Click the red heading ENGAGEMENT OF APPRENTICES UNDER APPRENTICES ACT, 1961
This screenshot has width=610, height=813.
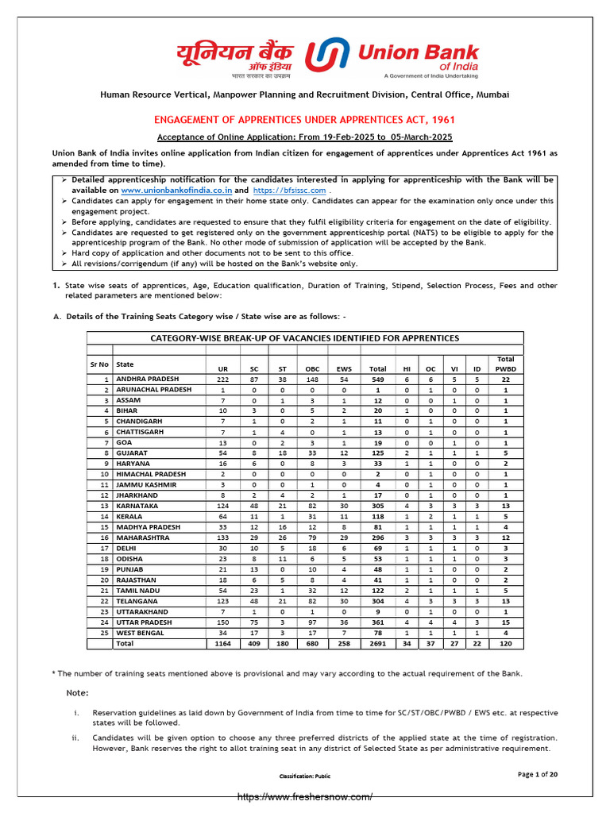[304, 120]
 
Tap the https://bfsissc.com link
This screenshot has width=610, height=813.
[289, 191]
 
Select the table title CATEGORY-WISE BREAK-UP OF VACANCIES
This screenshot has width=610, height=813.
[305, 338]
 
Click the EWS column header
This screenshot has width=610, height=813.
[344, 368]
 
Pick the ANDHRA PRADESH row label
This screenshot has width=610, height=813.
[148, 380]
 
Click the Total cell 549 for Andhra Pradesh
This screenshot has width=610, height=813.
[378, 380]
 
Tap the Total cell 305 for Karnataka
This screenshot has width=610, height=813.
[378, 506]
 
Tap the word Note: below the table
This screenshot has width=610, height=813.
[77, 693]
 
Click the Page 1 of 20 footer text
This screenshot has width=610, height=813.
[537, 774]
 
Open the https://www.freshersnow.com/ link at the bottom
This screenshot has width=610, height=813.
[305, 796]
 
